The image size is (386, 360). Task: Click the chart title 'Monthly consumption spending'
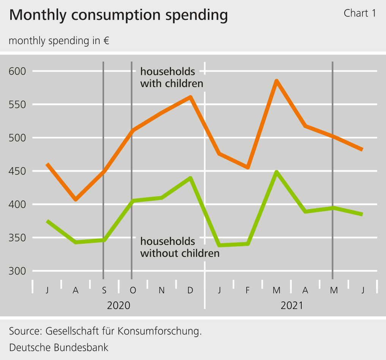118,15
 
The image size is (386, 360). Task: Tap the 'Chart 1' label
359,13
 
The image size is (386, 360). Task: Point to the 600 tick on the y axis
17,71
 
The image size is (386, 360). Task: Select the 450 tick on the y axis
17,171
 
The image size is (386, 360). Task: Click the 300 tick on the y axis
17,271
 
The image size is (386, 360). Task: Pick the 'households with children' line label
172,77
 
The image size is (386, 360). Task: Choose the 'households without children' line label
180,247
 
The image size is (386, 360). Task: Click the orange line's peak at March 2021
277,81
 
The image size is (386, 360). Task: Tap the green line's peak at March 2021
277,172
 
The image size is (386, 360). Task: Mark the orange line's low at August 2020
76,199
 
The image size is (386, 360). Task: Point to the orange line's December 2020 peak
190,97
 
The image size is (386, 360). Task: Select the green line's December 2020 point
190,178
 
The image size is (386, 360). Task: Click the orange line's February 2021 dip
248,167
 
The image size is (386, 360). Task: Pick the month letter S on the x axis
104,290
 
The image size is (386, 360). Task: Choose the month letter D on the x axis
190,290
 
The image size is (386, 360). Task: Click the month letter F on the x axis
248,290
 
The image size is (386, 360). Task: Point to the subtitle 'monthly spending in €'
59,41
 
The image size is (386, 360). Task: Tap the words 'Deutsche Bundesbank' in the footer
59,347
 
